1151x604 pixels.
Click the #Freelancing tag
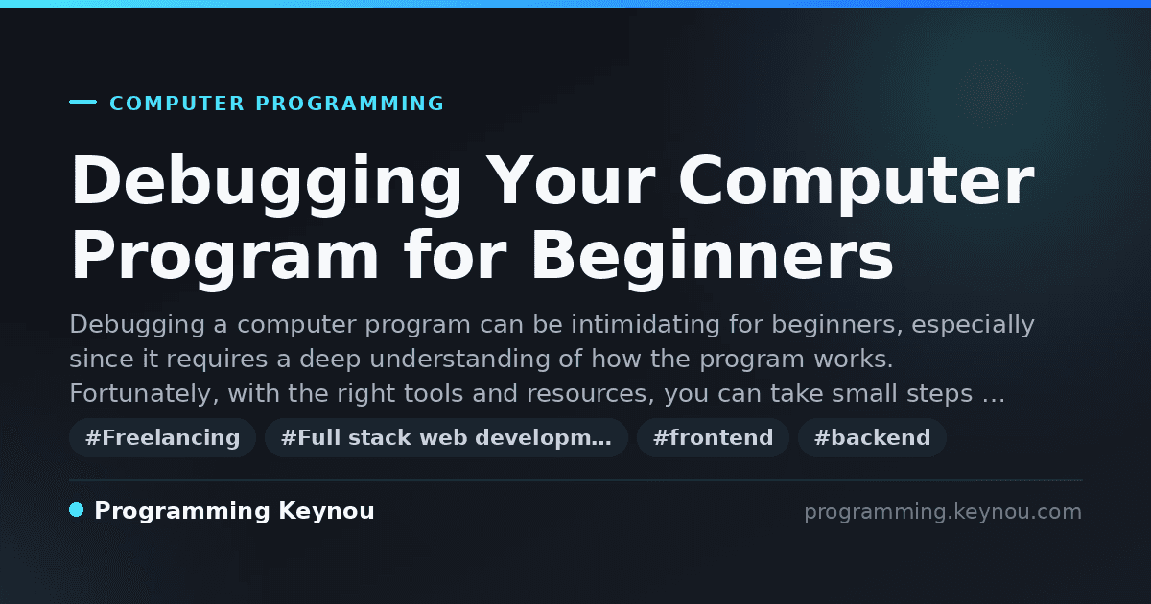162,437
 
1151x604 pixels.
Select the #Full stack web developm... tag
446,437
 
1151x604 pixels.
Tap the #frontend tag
713,437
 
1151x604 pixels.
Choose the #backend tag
872,437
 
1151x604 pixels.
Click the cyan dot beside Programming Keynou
76,510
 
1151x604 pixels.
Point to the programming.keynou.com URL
943,512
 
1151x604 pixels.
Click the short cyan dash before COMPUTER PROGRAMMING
82,102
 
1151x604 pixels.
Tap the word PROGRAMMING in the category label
349,104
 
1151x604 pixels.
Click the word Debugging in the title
267,183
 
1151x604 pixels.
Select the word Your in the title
572,181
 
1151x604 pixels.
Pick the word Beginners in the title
712,258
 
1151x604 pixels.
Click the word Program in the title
224,258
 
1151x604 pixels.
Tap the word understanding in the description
459,359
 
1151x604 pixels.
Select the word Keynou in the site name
326,512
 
